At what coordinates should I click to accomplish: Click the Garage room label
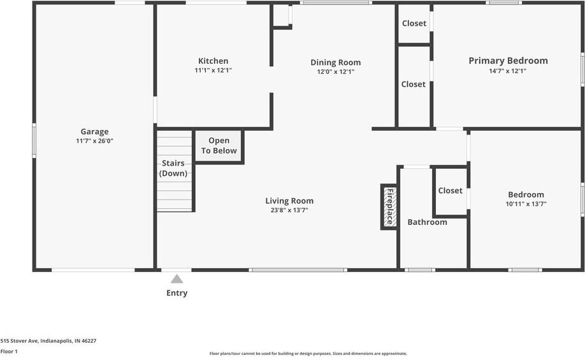click(x=94, y=132)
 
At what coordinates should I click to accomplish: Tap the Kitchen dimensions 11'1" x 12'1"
click(x=213, y=71)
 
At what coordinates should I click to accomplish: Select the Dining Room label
click(x=335, y=62)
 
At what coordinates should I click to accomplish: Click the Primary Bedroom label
click(x=508, y=61)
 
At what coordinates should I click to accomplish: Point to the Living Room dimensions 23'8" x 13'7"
click(x=289, y=210)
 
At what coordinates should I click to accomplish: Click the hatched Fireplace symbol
click(x=389, y=206)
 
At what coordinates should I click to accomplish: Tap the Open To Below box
click(x=219, y=146)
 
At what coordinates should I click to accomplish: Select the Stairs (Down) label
click(x=173, y=168)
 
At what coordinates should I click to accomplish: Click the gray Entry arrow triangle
click(x=177, y=279)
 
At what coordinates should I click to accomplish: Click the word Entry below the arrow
click(x=177, y=293)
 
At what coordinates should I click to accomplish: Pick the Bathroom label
click(x=427, y=222)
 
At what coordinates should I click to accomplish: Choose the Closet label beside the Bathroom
click(x=450, y=191)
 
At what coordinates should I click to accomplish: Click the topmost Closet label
click(x=414, y=24)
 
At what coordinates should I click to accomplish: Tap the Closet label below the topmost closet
click(x=413, y=84)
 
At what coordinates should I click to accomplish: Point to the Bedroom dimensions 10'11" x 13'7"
click(x=526, y=205)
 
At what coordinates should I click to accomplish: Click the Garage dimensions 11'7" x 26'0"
click(x=94, y=141)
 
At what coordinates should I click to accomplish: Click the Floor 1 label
click(x=9, y=351)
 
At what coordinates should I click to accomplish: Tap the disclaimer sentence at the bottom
click(x=308, y=354)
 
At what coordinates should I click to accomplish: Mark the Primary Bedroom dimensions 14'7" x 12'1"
click(x=508, y=71)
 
